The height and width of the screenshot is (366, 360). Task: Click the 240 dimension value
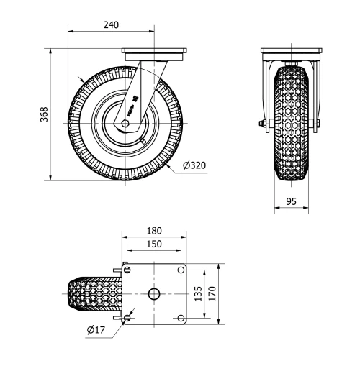coord(111,25)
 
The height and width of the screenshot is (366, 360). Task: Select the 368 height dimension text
coord(44,114)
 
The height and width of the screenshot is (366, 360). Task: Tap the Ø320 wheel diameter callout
coord(194,165)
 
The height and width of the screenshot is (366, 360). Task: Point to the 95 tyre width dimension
coord(292,201)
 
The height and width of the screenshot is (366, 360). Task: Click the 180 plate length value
coord(154,231)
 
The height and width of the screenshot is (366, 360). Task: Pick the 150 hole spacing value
coord(154,244)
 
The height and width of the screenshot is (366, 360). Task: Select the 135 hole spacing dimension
coord(198,293)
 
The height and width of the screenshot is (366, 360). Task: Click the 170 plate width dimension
coord(212,293)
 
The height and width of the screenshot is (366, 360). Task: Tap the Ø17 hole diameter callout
coord(96,330)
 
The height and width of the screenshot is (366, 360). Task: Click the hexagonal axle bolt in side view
coord(125,124)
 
